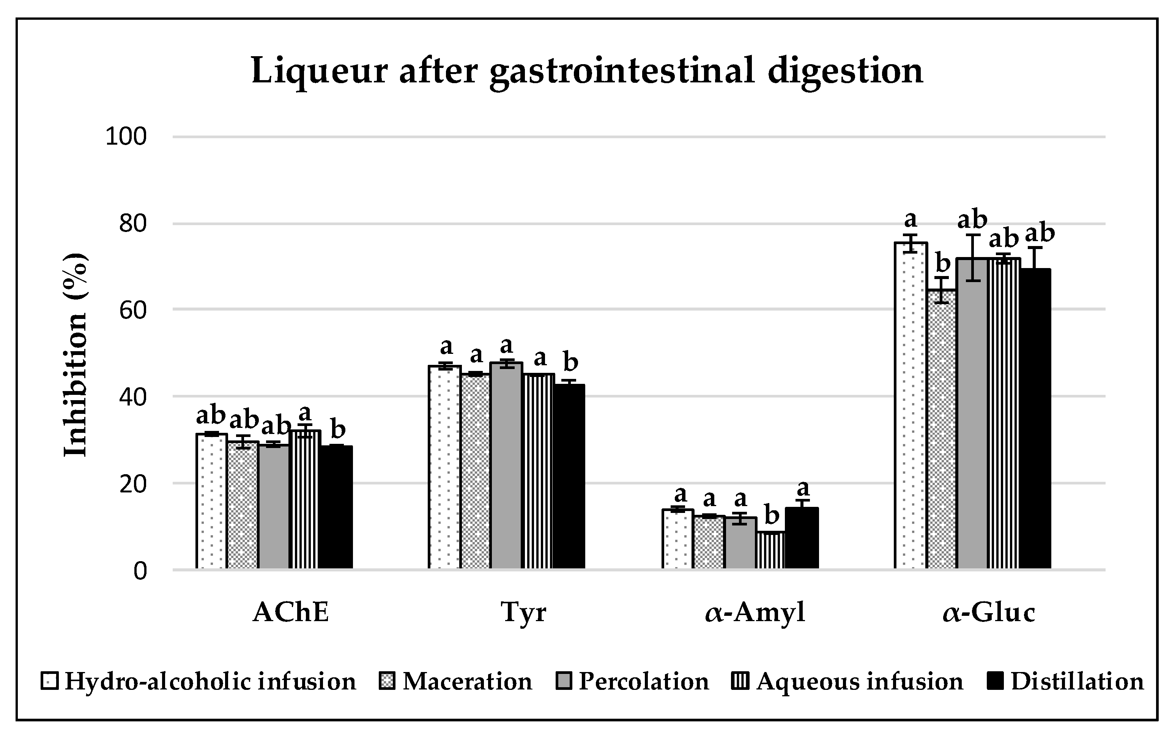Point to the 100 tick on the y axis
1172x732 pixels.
[126, 137]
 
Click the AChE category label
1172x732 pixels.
[291, 612]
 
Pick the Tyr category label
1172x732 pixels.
[524, 612]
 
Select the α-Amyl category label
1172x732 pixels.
[755, 612]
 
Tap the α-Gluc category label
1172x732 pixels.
[989, 612]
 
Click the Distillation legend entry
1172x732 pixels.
[1077, 682]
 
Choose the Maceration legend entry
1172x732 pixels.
[466, 682]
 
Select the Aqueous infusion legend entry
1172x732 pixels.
[859, 682]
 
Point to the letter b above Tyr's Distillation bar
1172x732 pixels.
[570, 362]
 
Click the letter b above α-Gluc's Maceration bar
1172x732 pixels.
[943, 264]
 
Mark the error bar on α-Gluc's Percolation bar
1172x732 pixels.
[973, 257]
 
